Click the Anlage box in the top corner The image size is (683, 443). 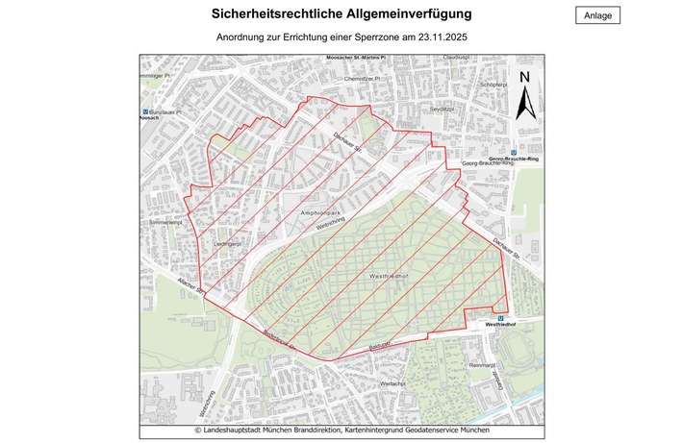point(598,14)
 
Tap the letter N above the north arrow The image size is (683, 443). point(524,79)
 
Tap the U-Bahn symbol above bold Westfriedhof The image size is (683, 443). point(501,318)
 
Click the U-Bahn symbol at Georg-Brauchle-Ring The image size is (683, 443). point(515,152)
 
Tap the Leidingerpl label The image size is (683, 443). point(227,244)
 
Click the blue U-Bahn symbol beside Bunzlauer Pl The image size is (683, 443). point(145,112)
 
